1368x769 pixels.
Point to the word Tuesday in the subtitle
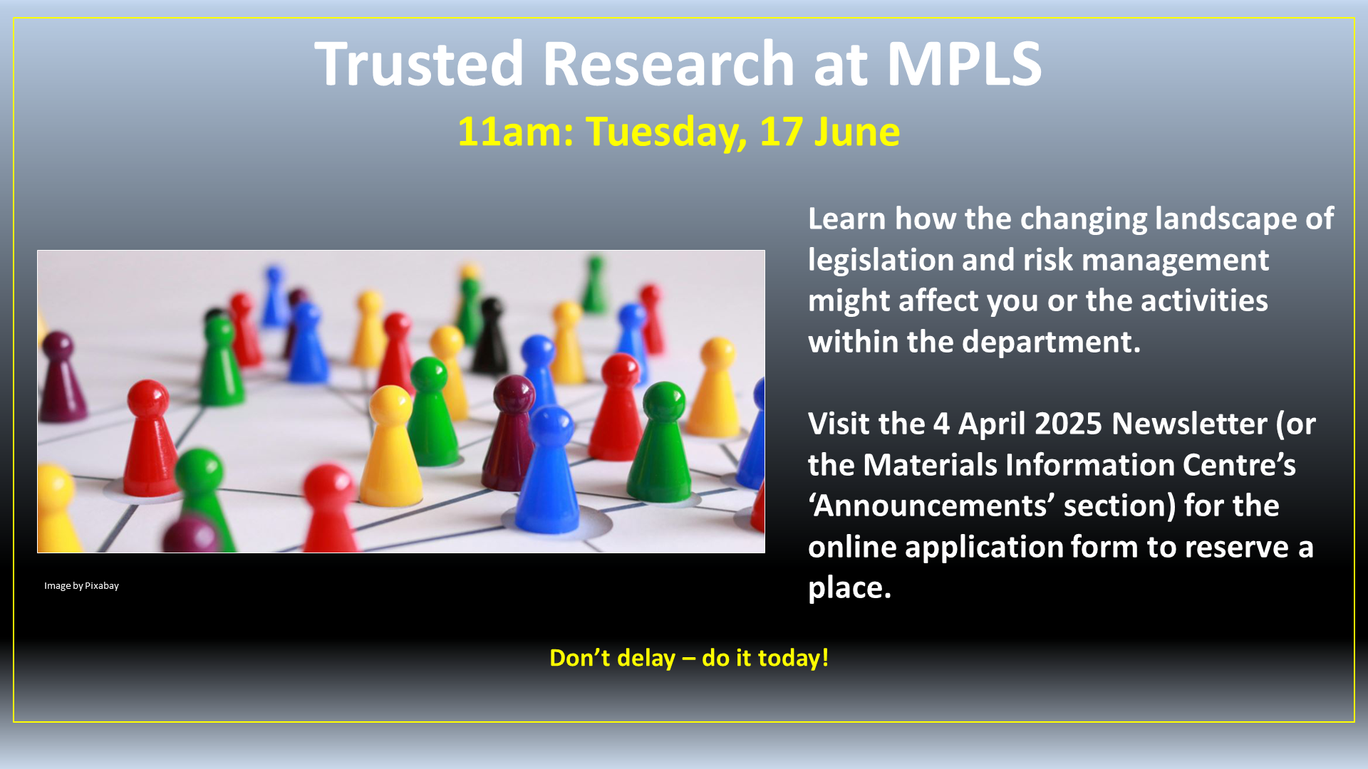[666, 133]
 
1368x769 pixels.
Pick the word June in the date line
[857, 132]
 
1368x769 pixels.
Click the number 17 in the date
[781, 132]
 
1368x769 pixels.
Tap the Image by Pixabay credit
[81, 586]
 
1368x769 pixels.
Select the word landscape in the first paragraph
[1225, 219]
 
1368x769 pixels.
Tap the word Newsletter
[1189, 424]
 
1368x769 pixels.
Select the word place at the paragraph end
[849, 589]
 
